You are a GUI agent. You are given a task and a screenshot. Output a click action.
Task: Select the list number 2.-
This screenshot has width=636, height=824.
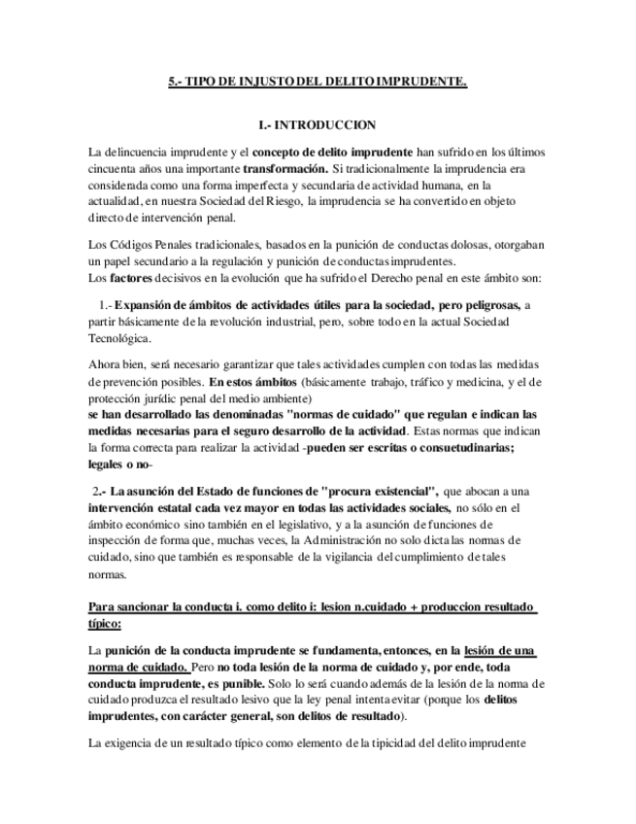[x=101, y=490]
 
